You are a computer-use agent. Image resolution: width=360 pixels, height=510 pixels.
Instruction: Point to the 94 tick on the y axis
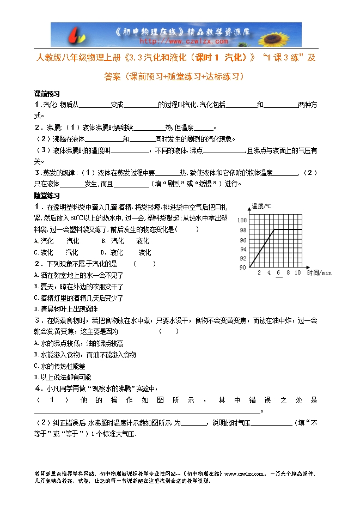click(243, 249)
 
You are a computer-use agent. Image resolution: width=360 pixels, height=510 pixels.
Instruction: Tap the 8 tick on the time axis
click(288, 272)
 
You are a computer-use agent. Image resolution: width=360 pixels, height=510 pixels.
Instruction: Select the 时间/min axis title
click(319, 272)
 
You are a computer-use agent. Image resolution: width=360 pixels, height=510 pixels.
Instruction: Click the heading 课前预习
click(47, 93)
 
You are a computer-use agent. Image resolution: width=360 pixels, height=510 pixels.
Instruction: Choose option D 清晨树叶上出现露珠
click(65, 308)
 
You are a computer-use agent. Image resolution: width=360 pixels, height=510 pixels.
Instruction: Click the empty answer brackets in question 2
click(145, 264)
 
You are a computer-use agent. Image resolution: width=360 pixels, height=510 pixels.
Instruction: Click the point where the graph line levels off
click(274, 229)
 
